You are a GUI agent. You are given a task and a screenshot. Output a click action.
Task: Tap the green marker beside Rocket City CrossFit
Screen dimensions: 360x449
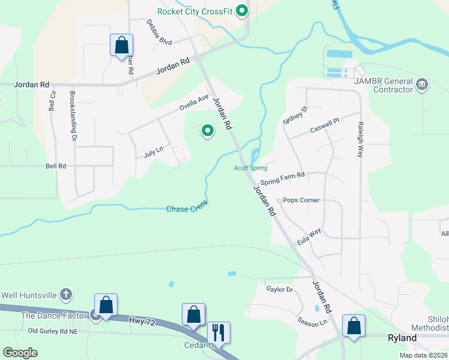pos(242,11)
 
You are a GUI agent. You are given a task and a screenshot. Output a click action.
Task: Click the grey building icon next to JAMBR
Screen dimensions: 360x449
pos(422,85)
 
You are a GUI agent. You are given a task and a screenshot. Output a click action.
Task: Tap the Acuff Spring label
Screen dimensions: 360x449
pos(250,168)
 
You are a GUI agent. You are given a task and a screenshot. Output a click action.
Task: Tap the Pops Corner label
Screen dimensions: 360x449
pos(301,200)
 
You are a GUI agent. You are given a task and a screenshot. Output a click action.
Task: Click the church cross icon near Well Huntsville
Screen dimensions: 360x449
pos(67,295)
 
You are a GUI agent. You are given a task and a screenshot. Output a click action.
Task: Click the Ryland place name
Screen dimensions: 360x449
pos(402,338)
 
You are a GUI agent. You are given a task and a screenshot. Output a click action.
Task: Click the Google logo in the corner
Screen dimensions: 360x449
pos(20,353)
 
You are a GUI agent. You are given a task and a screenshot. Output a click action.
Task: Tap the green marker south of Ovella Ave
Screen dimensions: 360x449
pos(208,130)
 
